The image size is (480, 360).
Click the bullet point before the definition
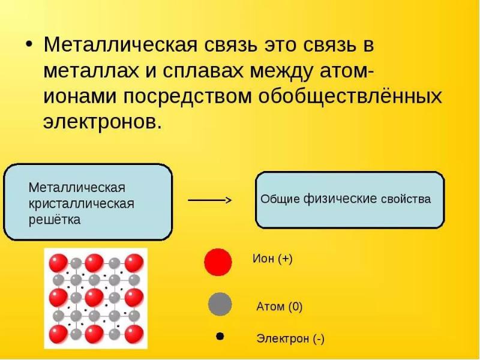[x=28, y=46]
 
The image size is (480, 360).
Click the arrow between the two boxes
[x=210, y=200]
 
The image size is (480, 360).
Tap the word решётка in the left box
[x=55, y=220]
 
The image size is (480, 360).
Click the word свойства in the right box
[x=406, y=199]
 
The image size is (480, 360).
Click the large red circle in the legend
[x=218, y=262]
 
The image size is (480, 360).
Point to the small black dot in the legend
[x=220, y=337]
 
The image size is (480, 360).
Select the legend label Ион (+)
[x=272, y=259]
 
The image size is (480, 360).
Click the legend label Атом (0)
[x=280, y=307]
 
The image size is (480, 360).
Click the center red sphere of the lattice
[x=95, y=298]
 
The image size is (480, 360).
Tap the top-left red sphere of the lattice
[x=58, y=263]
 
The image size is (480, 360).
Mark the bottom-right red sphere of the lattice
[x=134, y=333]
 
